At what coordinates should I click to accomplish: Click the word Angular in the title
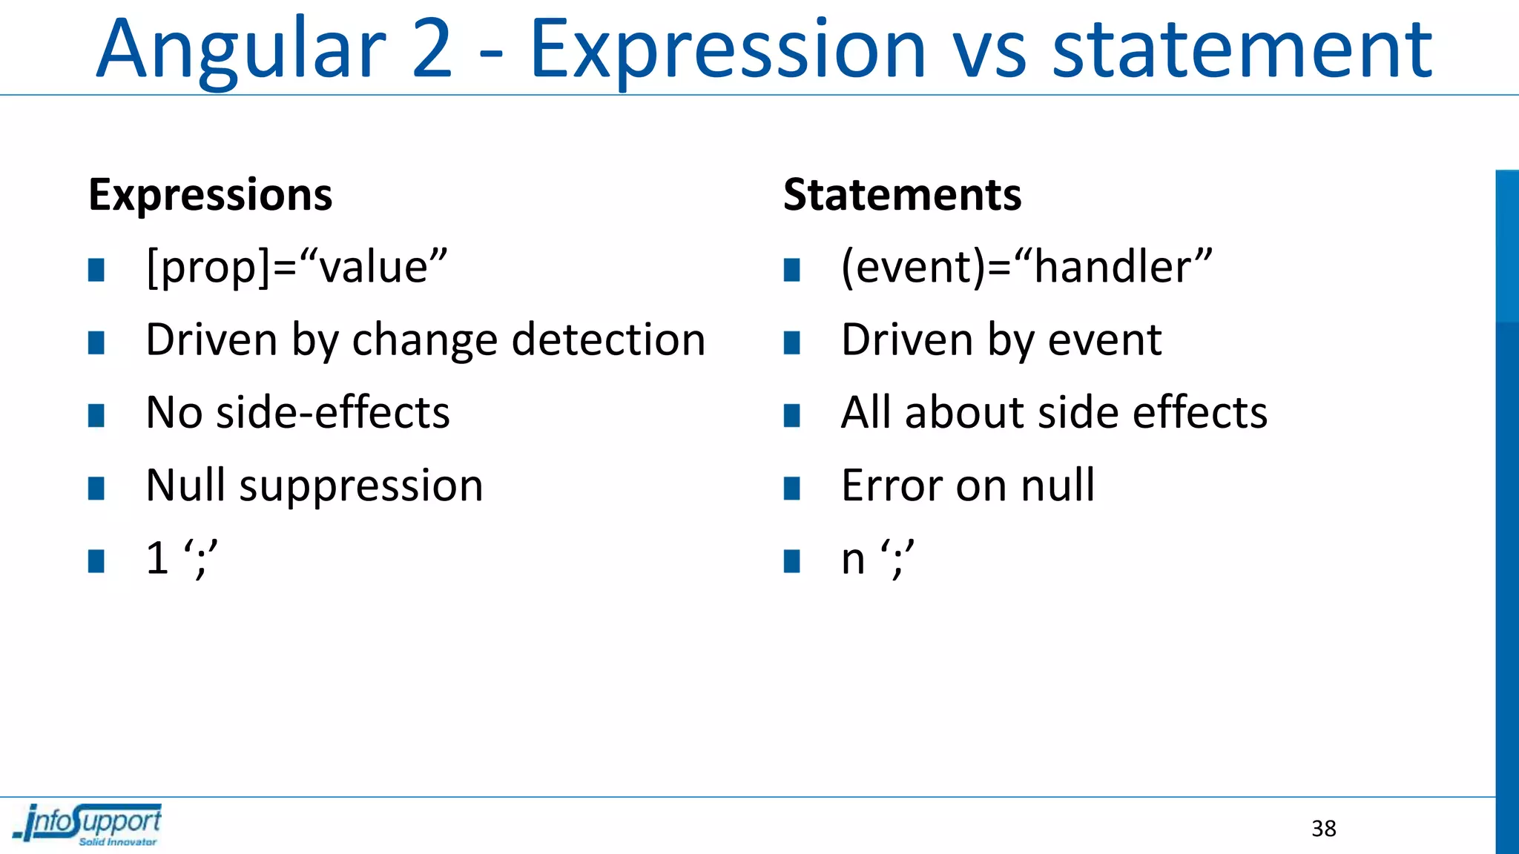241,50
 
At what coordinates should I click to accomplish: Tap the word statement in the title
1242,50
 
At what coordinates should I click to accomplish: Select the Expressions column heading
211,195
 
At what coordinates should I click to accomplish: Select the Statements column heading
902,195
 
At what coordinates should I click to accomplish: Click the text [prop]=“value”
297,267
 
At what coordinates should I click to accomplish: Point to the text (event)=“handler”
1027,267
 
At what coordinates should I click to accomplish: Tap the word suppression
361,486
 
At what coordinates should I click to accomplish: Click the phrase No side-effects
297,412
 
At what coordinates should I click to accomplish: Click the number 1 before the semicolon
157,558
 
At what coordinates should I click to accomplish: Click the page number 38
1324,828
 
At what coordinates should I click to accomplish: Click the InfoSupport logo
88,824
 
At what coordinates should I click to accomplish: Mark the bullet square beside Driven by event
792,342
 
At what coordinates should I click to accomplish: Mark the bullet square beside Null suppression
96,489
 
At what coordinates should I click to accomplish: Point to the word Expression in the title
727,50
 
